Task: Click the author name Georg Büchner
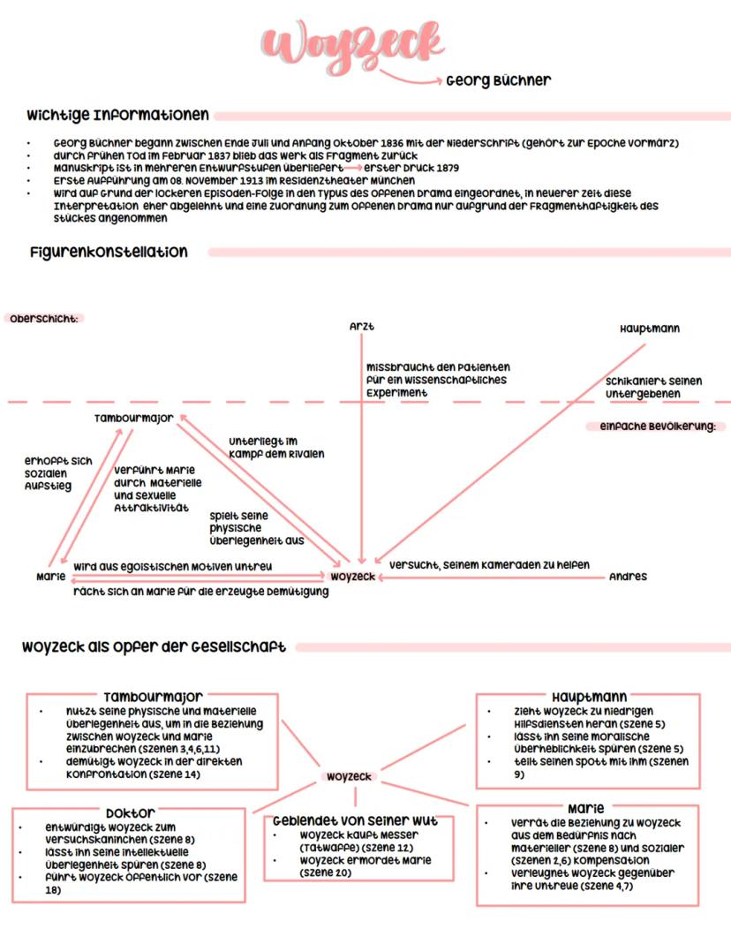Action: click(x=498, y=81)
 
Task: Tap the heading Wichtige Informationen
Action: click(x=118, y=116)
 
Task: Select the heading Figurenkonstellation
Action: click(x=108, y=253)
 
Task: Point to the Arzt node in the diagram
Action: click(x=362, y=327)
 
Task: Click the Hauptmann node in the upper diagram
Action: click(x=650, y=329)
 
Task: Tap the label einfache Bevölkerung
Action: click(x=656, y=427)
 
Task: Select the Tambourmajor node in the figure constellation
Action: click(x=134, y=418)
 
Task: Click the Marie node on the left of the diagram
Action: click(x=51, y=577)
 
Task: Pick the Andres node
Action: click(x=628, y=577)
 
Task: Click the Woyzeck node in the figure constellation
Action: click(x=352, y=577)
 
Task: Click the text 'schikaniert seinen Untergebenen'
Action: click(x=654, y=387)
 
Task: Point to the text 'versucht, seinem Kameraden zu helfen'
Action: click(x=489, y=564)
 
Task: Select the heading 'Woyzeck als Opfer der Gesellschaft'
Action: click(x=154, y=647)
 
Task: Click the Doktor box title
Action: click(x=131, y=812)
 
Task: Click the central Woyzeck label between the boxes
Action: click(x=349, y=777)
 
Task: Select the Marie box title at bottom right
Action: click(x=585, y=808)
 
